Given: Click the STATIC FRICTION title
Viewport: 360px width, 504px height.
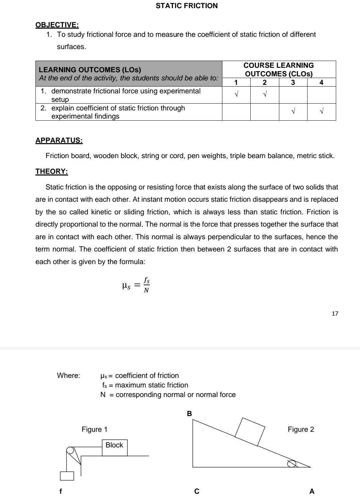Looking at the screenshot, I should point(187,6).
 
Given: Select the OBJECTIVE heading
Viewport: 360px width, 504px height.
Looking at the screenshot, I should point(57,25).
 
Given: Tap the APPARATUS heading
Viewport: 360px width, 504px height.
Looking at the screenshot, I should point(59,140).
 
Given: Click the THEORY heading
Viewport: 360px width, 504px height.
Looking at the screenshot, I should point(52,171).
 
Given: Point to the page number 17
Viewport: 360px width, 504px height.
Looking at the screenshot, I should point(335,314).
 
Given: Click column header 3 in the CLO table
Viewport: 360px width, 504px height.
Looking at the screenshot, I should point(293,82).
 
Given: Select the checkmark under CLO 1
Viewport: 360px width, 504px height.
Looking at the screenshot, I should point(236,94).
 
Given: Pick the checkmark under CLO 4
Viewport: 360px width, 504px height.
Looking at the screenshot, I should point(322,111).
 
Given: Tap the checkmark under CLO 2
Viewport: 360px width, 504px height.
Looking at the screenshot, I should point(264,94).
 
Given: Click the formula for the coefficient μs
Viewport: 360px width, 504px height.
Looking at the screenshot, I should point(136,285).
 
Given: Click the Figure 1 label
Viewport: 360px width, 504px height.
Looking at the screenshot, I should point(95,429).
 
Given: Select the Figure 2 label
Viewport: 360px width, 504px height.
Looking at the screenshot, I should point(301,429).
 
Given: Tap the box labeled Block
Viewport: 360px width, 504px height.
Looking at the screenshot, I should point(114,447).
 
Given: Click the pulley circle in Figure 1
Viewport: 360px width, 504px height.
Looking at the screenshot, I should point(71,450).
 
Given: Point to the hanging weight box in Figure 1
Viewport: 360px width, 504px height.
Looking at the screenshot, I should point(67,476).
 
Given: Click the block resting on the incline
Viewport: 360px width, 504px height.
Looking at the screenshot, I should point(250,431).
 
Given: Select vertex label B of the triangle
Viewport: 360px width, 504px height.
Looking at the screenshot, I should point(190,413).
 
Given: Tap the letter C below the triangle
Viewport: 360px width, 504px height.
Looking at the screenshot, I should point(197,491).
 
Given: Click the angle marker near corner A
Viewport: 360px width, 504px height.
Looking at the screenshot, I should point(292,463).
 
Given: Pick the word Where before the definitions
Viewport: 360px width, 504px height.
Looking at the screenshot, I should point(68,376).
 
